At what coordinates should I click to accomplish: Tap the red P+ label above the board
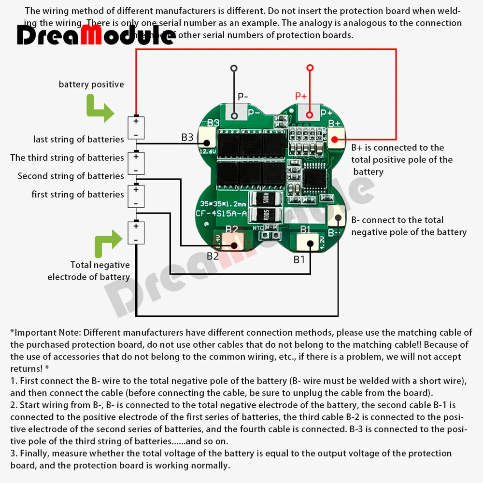(301, 96)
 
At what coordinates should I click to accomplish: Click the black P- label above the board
(243, 96)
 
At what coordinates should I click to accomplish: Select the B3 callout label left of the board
(187, 138)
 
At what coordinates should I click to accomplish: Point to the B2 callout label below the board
(213, 256)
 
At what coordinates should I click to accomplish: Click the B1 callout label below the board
(299, 259)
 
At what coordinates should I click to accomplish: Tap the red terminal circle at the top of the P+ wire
(310, 68)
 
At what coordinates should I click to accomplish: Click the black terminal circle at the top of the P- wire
(234, 68)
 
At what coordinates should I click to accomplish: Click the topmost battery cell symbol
(136, 128)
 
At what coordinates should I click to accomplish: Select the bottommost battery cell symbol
(136, 232)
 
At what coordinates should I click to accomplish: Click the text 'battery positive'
(91, 85)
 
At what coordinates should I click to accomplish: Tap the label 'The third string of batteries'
(67, 158)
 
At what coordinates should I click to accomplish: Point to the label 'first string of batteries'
(78, 195)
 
